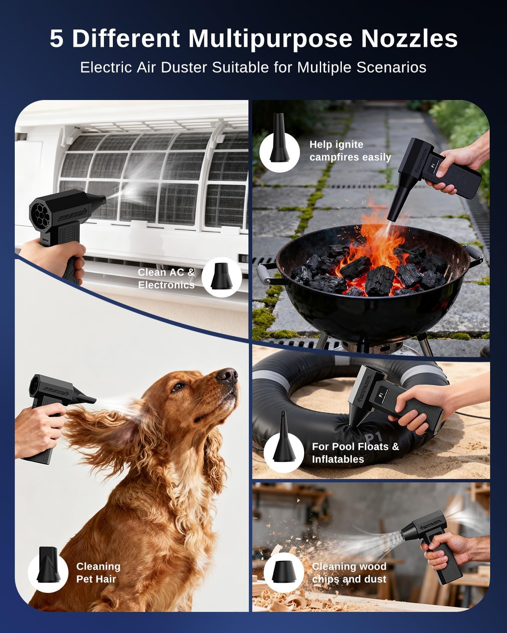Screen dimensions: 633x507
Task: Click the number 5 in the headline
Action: [x=57, y=38]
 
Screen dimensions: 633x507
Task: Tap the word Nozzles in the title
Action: [x=409, y=38]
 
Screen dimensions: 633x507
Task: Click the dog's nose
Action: [x=229, y=374]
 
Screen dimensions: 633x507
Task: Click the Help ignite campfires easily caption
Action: [x=350, y=151]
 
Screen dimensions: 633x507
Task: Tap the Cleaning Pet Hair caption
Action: [x=98, y=573]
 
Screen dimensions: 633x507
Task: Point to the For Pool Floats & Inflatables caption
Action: [x=355, y=453]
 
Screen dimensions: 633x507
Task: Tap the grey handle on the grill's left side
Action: [x=264, y=274]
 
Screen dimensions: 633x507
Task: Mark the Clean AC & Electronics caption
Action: [x=166, y=279]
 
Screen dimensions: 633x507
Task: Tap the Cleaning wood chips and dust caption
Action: [x=349, y=573]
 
